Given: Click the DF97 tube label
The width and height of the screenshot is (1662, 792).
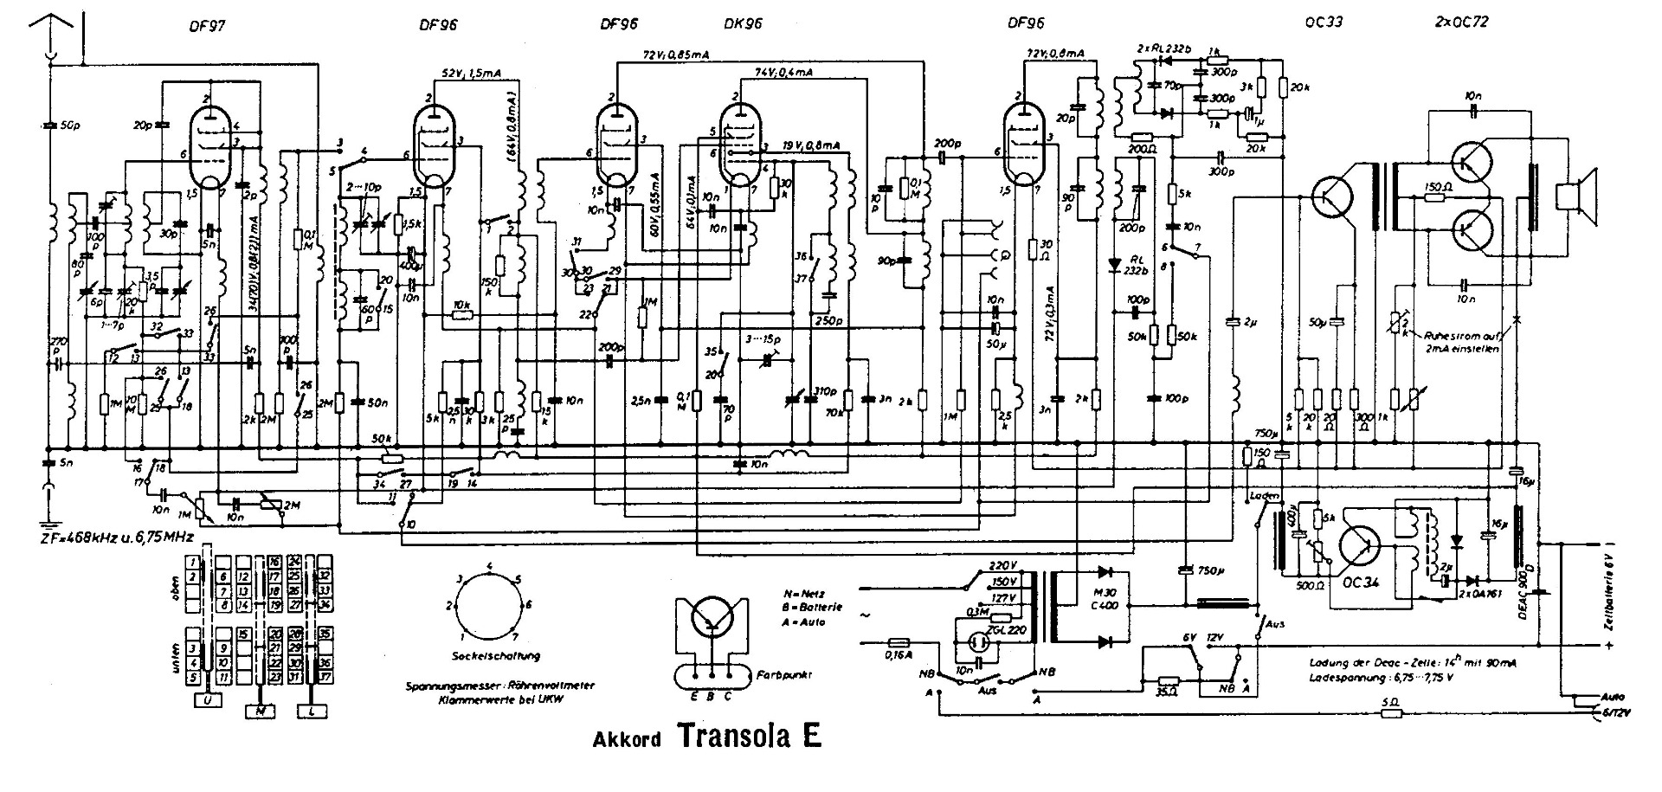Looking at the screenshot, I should tap(207, 26).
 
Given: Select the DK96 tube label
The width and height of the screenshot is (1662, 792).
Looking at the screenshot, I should tap(742, 24).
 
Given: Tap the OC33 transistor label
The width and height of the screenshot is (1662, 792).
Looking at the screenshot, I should tap(1324, 23).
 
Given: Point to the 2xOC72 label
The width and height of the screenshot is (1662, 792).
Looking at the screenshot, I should tap(1460, 23).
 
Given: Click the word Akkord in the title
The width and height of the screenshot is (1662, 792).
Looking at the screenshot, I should tap(628, 740).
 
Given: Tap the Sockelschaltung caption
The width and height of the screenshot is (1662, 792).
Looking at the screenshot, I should tap(489, 655).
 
